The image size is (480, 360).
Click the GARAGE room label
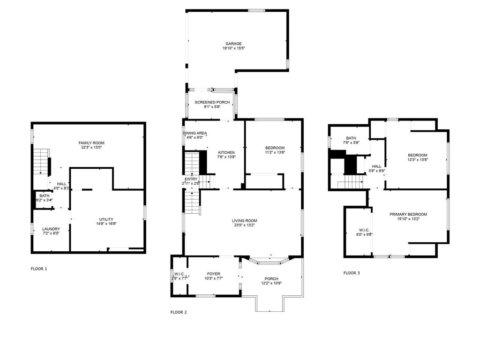pyautogui.click(x=233, y=44)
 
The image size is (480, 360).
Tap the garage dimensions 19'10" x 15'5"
pyautogui.click(x=233, y=48)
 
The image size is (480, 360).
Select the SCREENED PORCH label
pyautogui.click(x=212, y=102)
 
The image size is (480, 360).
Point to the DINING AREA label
pyautogui.click(x=195, y=133)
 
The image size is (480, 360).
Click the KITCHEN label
pyautogui.click(x=226, y=153)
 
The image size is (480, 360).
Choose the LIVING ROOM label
pyautogui.click(x=244, y=220)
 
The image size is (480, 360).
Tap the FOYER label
pyautogui.click(x=214, y=274)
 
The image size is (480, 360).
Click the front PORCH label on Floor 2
pyautogui.click(x=271, y=279)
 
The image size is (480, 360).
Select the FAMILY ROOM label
pyautogui.click(x=91, y=143)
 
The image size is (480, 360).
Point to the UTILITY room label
pyautogui.click(x=106, y=219)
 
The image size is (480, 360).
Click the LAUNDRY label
pyautogui.click(x=51, y=229)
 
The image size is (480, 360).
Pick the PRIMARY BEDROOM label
pyautogui.click(x=408, y=214)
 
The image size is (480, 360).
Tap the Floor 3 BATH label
pyautogui.click(x=351, y=138)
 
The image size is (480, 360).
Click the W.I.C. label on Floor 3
pyautogui.click(x=365, y=230)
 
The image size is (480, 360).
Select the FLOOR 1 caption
pyautogui.click(x=39, y=269)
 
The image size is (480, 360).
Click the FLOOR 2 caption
pyautogui.click(x=179, y=312)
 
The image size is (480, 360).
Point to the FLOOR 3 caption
pyautogui.click(x=352, y=273)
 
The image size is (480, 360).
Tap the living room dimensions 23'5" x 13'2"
pyautogui.click(x=244, y=225)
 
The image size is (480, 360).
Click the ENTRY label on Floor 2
pyautogui.click(x=191, y=179)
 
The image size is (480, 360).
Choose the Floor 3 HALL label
pyautogui.click(x=377, y=166)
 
